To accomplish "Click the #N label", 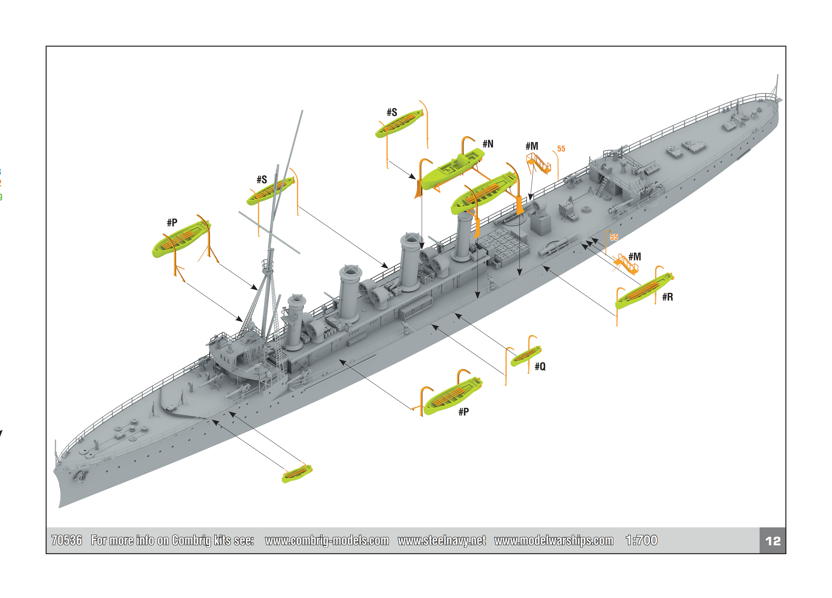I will click(x=488, y=144).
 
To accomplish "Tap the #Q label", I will click(x=540, y=366).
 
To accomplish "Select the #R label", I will click(x=667, y=297).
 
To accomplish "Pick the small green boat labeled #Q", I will click(x=526, y=356).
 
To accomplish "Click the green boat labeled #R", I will click(x=644, y=291).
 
